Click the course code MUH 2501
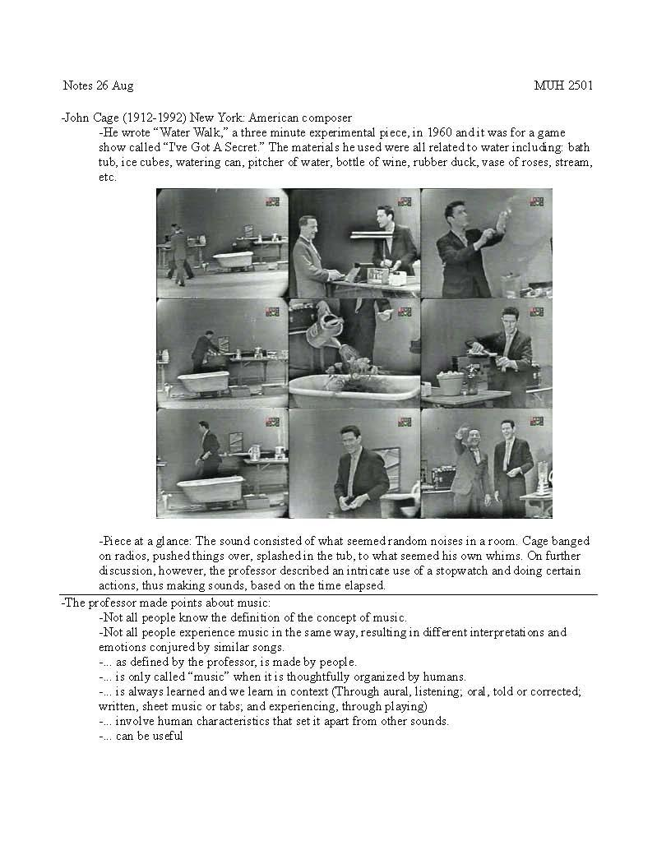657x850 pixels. click(x=563, y=85)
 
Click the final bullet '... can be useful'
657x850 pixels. click(x=141, y=736)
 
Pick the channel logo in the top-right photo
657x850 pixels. click(x=536, y=201)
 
